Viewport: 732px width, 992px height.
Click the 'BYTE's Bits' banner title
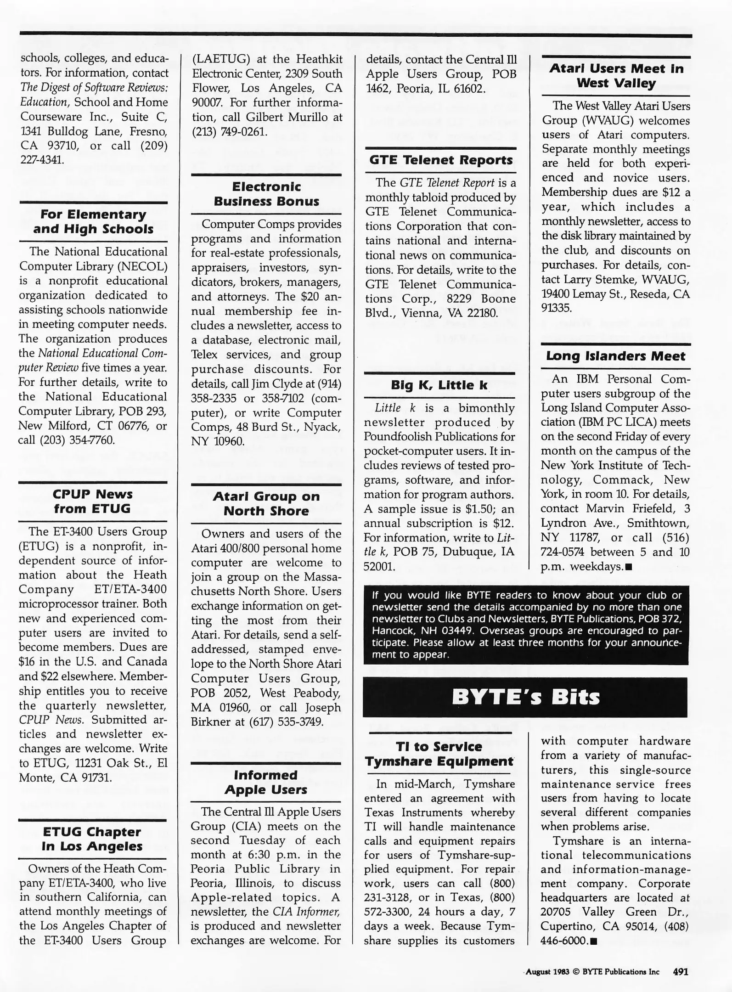click(x=525, y=697)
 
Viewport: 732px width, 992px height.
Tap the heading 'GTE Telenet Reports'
click(x=441, y=160)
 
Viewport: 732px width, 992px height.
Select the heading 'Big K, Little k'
click(x=439, y=385)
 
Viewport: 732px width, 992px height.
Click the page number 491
click(x=680, y=971)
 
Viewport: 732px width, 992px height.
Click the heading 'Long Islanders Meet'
click(x=615, y=356)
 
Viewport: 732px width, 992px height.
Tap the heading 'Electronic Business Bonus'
click(x=266, y=194)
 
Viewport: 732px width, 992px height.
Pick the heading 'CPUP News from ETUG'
click(x=93, y=502)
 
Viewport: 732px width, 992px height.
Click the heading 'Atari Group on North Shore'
click(x=266, y=504)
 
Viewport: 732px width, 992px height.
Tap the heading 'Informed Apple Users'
click(x=265, y=782)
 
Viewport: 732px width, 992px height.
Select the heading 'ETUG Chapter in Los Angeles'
click(x=92, y=839)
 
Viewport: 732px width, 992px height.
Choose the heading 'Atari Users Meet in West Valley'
click(x=616, y=76)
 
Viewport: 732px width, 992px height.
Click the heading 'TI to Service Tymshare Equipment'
click(x=439, y=754)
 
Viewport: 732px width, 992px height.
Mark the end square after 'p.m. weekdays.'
click(x=629, y=567)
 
